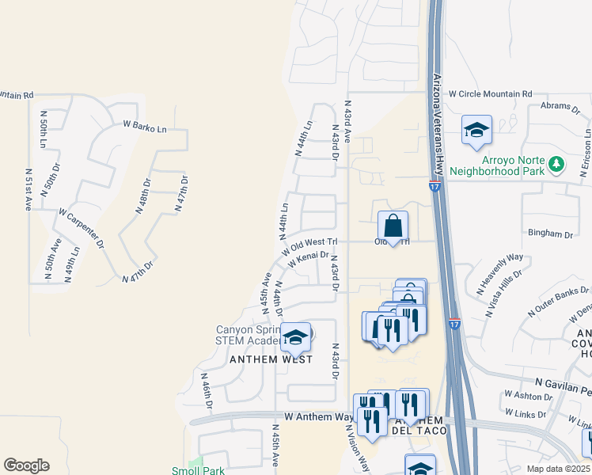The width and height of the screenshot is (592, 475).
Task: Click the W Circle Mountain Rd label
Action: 491,93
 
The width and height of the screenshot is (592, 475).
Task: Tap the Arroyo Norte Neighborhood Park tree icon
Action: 558,164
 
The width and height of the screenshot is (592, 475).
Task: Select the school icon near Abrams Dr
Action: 476,131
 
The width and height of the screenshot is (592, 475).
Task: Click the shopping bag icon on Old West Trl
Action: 393,226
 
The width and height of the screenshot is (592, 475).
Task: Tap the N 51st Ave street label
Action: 28,189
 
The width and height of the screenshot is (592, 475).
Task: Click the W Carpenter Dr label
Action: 82,228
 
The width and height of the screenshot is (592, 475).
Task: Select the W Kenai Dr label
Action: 308,259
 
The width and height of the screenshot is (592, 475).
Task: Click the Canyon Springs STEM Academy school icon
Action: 295,338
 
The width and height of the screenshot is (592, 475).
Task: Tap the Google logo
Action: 26,465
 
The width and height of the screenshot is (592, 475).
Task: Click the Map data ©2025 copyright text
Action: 558,469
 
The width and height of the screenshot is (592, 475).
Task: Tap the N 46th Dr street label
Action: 207,391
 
